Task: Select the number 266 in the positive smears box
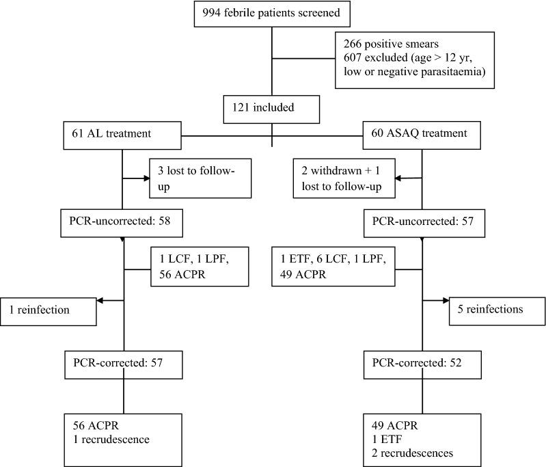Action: pyautogui.click(x=354, y=42)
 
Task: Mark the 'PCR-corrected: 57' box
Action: pyautogui.click(x=123, y=362)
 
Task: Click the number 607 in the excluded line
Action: pyautogui.click(x=354, y=57)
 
